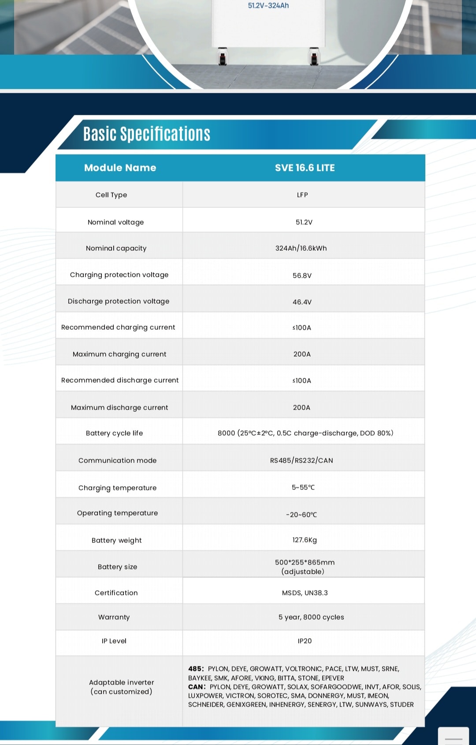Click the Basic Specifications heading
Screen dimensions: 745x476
[147, 134]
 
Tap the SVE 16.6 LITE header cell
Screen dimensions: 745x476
[305, 168]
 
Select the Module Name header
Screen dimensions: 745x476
[120, 168]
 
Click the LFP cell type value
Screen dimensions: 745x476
[302, 195]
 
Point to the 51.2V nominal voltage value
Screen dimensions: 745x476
[304, 222]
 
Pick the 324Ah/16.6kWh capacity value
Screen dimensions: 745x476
[301, 248]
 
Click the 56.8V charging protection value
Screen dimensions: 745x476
[302, 275]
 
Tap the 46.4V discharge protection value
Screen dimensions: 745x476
[302, 302]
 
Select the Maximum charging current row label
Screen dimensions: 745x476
[119, 354]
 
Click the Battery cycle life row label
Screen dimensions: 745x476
[114, 433]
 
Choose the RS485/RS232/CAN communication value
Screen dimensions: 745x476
[301, 460]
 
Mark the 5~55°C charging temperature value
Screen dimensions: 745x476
[303, 487]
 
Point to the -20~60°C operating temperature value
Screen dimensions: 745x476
[301, 515]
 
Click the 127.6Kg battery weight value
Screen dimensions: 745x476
[305, 540]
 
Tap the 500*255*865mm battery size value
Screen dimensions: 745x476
[305, 563]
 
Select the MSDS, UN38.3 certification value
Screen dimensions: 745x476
[305, 593]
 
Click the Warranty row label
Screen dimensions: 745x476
[114, 617]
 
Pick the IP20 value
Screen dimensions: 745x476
[305, 641]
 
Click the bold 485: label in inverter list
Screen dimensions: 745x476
[196, 669]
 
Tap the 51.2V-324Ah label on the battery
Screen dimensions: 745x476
[268, 6]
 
